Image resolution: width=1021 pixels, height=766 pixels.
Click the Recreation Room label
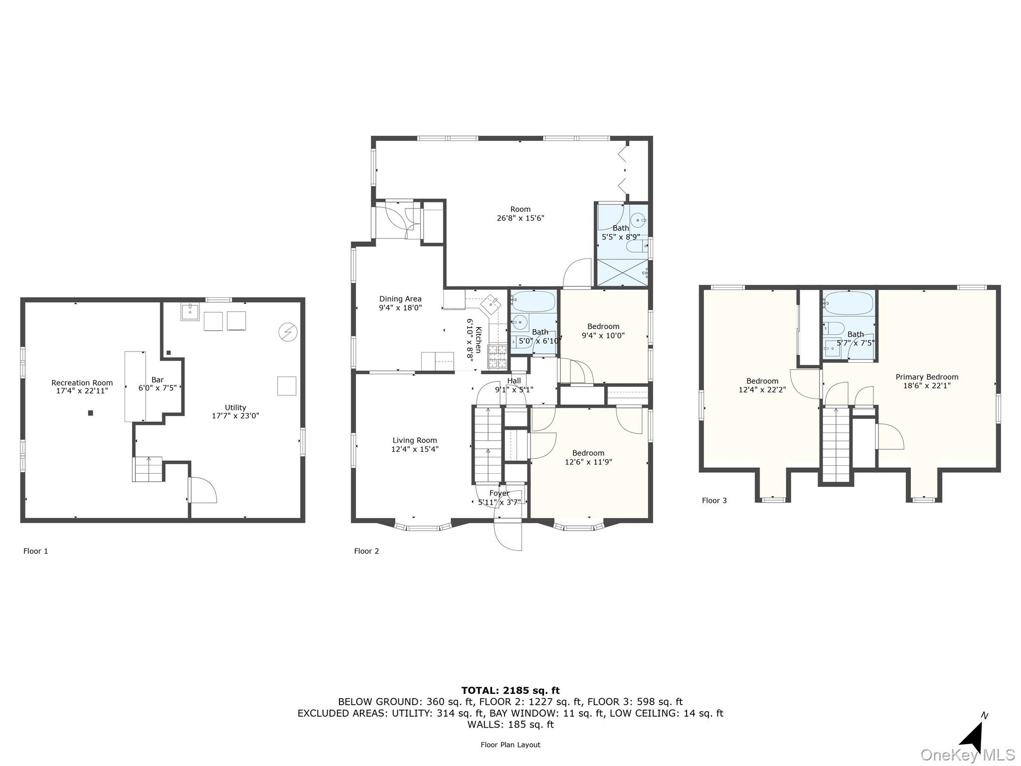tap(82, 383)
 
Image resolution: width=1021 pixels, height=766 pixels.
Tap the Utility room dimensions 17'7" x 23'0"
tap(235, 415)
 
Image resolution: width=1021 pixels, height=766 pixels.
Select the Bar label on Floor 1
tap(158, 380)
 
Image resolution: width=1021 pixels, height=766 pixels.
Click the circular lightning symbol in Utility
tap(288, 332)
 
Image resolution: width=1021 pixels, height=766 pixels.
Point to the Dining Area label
tap(400, 299)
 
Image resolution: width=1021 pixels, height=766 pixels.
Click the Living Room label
tap(415, 440)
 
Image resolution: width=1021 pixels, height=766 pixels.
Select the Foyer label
tap(499, 493)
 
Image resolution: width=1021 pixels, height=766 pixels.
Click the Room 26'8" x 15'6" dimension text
tap(520, 218)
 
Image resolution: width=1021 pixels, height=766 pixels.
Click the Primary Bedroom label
tap(927, 377)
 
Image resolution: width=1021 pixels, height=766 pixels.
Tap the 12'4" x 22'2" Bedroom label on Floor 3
tap(762, 381)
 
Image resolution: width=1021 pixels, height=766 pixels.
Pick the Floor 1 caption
tap(36, 551)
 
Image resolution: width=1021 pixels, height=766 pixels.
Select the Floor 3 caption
tap(714, 500)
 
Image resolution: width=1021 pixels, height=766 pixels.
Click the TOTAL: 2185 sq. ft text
tap(510, 690)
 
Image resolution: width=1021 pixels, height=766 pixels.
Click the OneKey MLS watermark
tap(967, 755)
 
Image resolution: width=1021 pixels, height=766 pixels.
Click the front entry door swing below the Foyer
tap(508, 535)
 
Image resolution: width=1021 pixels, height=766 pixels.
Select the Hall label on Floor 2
tap(514, 381)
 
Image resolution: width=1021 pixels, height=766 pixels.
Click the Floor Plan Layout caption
tap(510, 745)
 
